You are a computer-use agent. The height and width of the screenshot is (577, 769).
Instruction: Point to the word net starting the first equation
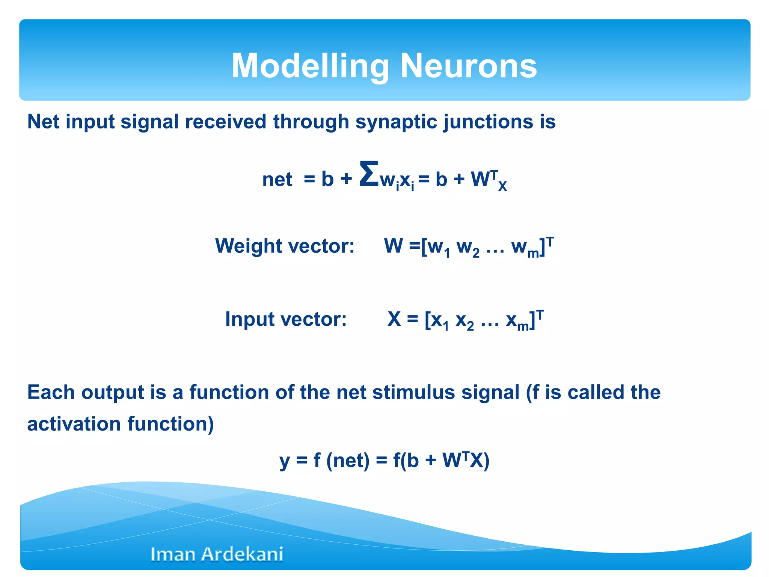277,180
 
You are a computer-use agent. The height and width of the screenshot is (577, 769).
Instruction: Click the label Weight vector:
285,246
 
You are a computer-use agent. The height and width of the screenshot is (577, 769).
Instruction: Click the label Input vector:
286,319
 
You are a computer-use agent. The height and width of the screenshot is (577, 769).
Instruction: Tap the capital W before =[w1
393,246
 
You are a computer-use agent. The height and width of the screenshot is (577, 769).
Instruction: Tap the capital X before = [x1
394,319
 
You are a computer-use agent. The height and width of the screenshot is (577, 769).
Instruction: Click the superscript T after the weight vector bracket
550,241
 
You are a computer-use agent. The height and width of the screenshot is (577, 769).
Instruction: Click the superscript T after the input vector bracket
540,314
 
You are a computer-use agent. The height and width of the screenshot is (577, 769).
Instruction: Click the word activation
74,424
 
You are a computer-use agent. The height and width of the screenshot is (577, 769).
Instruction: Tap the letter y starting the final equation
284,461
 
